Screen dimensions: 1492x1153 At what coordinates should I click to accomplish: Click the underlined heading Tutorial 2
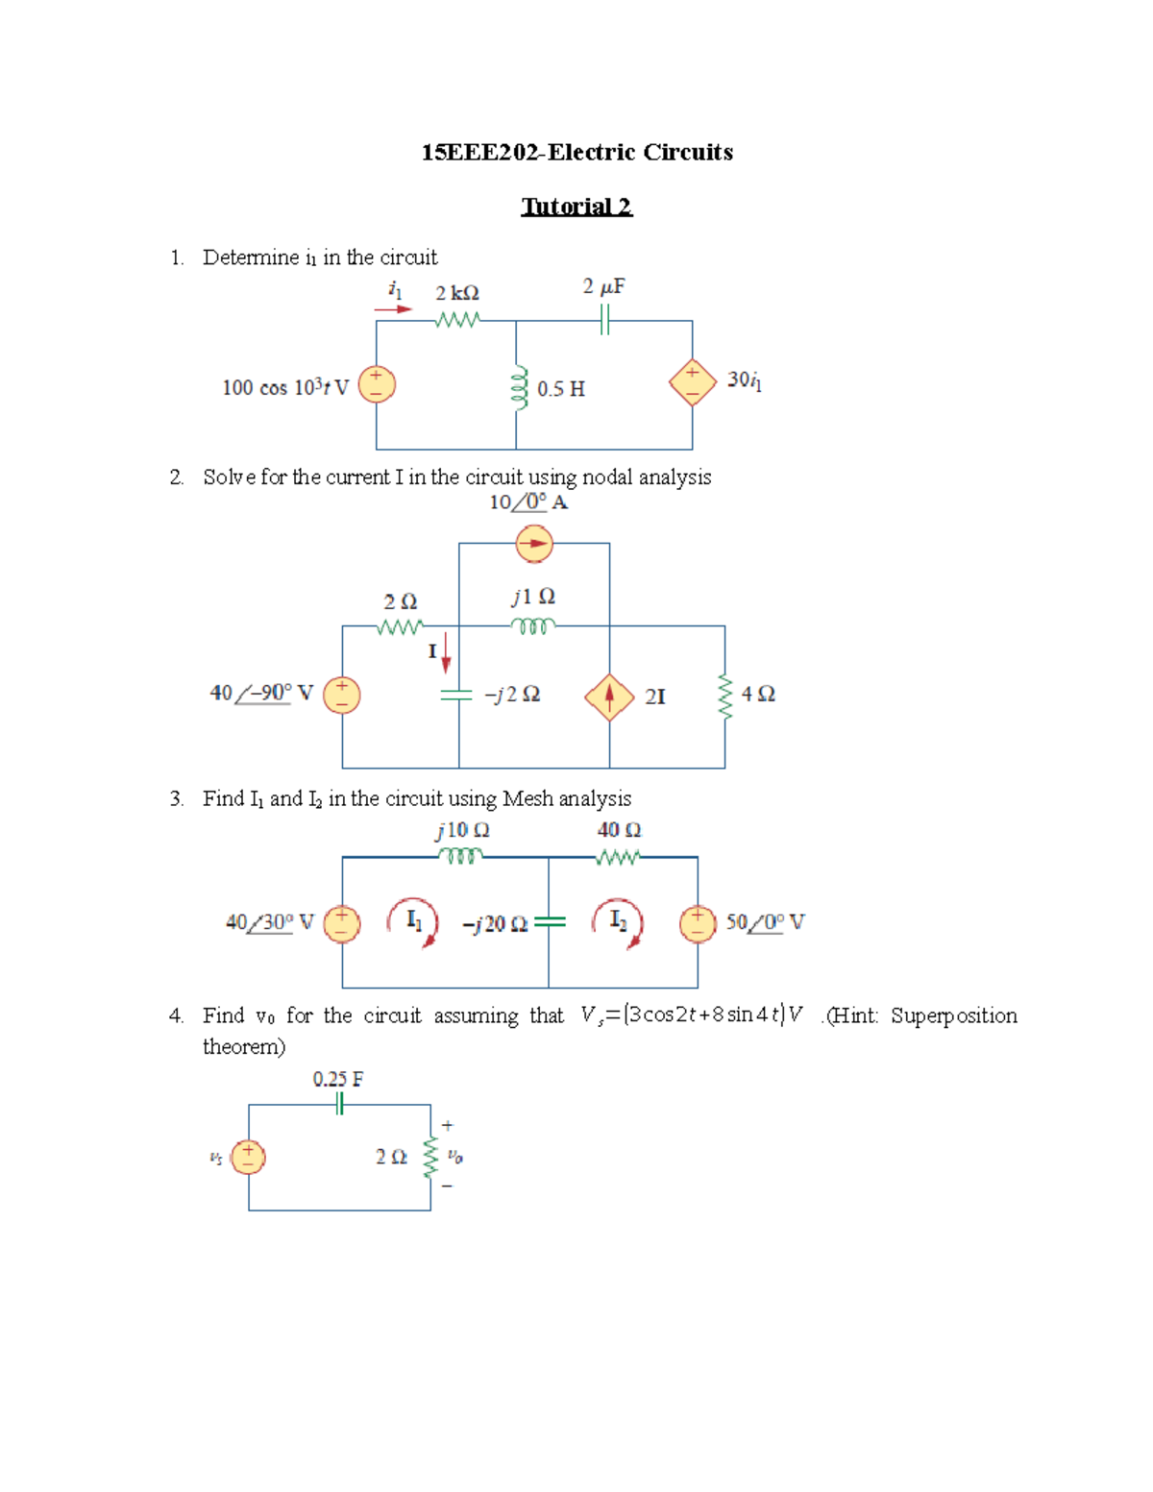coord(576,207)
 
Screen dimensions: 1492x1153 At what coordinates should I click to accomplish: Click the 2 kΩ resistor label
coord(456,293)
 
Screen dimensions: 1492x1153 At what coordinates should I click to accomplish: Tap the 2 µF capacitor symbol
coord(604,320)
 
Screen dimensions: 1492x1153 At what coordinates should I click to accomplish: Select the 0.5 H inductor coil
coord(520,387)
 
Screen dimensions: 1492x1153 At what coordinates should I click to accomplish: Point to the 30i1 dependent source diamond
coord(693,382)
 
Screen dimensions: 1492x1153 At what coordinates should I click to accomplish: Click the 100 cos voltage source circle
coord(377,384)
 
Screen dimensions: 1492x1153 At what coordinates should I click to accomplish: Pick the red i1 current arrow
coord(393,309)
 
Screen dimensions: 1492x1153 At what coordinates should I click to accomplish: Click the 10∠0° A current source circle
coord(534,544)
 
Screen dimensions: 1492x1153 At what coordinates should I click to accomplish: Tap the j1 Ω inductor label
coord(533,597)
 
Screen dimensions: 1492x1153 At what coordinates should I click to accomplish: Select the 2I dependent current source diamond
coord(609,697)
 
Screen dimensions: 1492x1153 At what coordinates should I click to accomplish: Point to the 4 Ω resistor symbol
coord(725,696)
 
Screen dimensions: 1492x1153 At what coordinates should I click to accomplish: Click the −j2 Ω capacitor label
coord(512,695)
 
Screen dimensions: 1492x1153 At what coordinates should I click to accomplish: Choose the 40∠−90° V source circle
coord(342,695)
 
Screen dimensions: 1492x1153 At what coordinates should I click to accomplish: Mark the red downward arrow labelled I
coord(446,653)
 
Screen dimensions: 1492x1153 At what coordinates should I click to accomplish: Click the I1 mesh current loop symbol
coord(413,922)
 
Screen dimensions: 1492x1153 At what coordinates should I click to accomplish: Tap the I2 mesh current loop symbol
coord(618,922)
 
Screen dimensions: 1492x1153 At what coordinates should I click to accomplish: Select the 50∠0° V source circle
coord(698,923)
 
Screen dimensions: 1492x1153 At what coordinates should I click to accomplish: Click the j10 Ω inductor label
coord(462,830)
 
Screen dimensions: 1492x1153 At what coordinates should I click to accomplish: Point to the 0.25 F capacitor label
coord(338,1079)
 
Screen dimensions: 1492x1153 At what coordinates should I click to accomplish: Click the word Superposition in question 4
coord(953,1015)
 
